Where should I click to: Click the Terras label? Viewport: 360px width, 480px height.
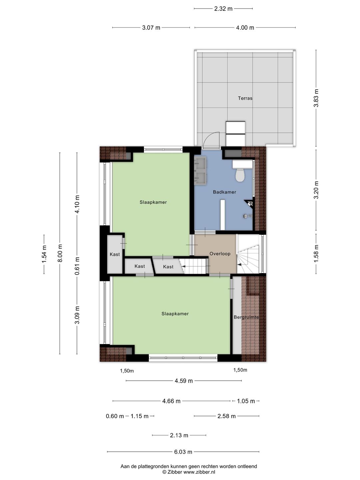245,98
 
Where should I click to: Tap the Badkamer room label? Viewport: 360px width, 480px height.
224,192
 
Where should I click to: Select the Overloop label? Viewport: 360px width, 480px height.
220,254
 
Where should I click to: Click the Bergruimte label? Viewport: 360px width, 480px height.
246,317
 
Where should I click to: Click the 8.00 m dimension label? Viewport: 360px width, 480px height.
60,253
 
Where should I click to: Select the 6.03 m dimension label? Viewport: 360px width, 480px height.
183,452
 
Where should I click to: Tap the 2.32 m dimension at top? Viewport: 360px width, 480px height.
223,9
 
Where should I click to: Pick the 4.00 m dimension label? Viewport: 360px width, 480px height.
245,28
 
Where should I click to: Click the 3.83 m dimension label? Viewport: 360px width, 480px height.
316,98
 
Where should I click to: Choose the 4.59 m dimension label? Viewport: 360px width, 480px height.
184,381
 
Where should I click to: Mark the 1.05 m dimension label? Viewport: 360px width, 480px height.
246,401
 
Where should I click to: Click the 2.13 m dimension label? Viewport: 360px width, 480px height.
179,435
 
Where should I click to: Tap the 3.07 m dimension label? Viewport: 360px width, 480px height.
151,28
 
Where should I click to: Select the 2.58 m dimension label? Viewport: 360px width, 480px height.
226,416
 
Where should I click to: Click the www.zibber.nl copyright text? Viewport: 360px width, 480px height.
199,472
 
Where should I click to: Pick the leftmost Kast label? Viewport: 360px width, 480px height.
115,254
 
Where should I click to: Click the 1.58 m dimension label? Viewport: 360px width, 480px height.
316,253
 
